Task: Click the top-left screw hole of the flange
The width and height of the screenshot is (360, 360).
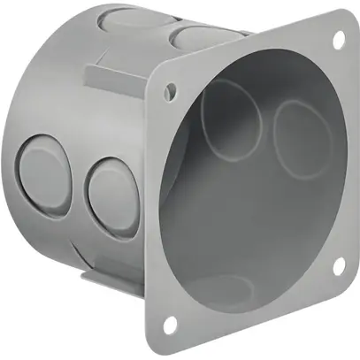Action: pos(170,89)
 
